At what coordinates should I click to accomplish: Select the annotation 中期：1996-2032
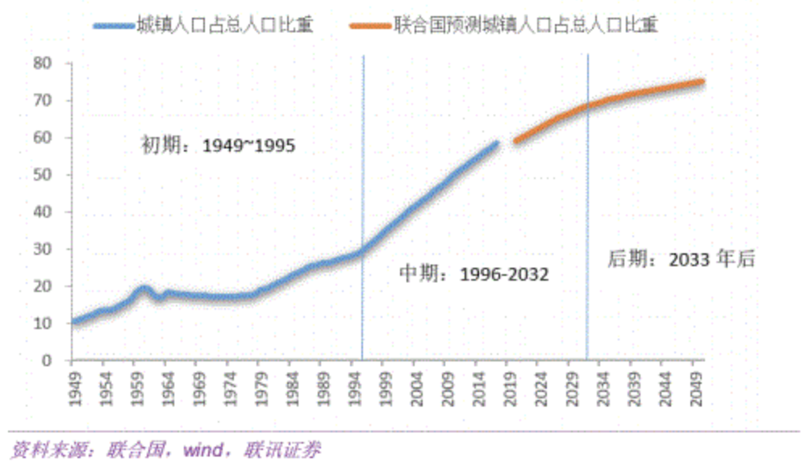(x=474, y=274)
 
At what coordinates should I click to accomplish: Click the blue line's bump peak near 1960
(x=144, y=288)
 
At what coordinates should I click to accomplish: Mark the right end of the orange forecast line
(x=702, y=81)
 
